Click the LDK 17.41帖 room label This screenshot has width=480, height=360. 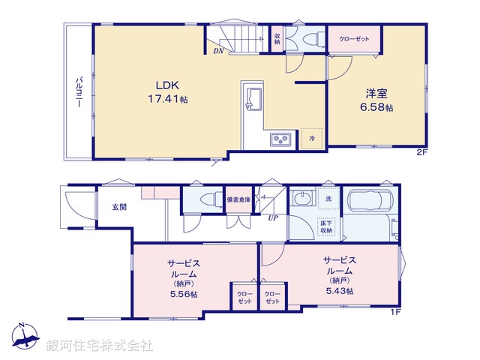167,91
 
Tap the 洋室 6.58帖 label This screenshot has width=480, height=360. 376,100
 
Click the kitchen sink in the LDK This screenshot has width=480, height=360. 253,100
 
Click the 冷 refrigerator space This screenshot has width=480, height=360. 311,139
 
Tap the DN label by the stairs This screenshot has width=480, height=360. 218,51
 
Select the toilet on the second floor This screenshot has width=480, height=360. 308,38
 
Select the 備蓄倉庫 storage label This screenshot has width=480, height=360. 238,199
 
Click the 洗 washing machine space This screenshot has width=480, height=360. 328,199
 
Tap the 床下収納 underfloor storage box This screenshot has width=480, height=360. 327,227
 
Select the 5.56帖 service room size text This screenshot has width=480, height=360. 184,293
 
